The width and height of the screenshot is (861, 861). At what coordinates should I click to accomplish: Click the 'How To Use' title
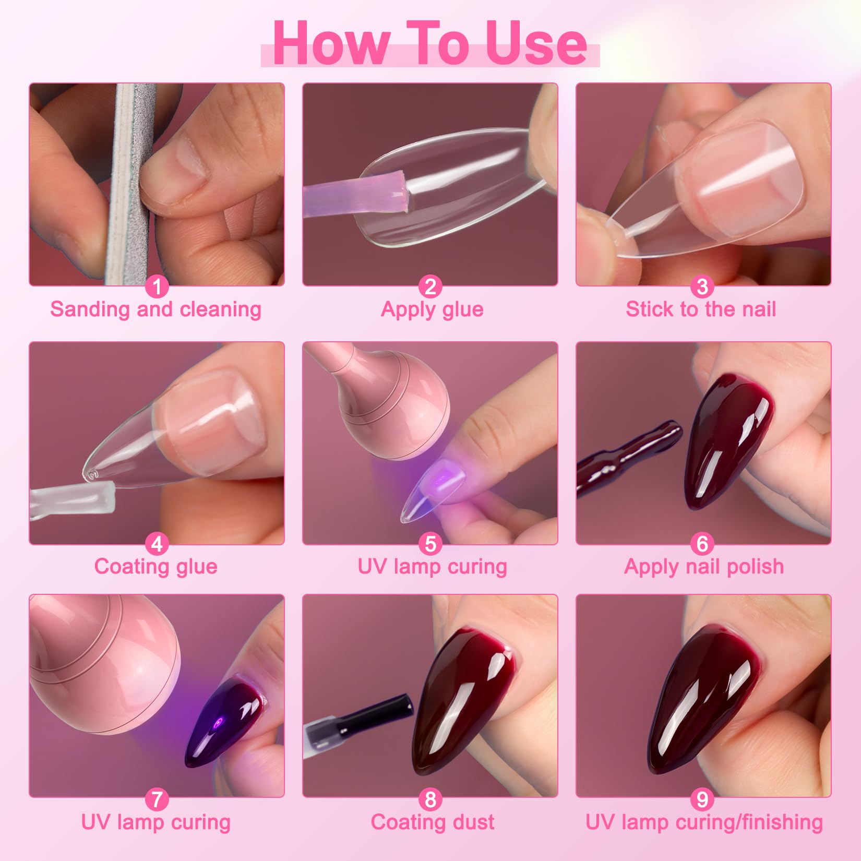pos(430,44)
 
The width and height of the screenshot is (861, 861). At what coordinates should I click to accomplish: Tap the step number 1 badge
pos(157,286)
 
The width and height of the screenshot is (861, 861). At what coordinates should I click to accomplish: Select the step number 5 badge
pos(430,544)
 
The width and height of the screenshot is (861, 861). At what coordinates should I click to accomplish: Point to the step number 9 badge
pos(702,799)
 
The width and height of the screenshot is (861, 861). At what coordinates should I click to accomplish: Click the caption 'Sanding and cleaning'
pos(156,309)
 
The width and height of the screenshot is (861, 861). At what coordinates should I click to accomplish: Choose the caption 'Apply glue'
pos(432,310)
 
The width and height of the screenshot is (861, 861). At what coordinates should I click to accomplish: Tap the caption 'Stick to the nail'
pos(701,309)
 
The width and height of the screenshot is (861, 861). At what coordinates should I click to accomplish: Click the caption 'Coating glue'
pos(156,567)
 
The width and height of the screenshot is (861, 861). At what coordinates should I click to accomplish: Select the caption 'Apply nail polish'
pos(704,567)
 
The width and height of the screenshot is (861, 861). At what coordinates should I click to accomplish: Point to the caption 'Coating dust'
pos(432,822)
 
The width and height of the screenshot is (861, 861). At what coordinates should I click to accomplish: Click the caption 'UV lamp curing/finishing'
pos(704,823)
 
